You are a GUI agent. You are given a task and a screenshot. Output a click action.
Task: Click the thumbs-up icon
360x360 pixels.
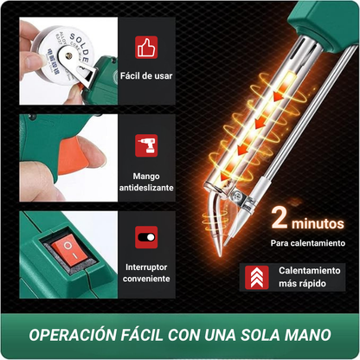click(x=146, y=47)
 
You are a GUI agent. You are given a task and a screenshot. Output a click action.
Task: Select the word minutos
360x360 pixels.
click(x=317, y=222)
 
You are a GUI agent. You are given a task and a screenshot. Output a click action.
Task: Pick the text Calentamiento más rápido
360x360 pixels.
click(x=309, y=277)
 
